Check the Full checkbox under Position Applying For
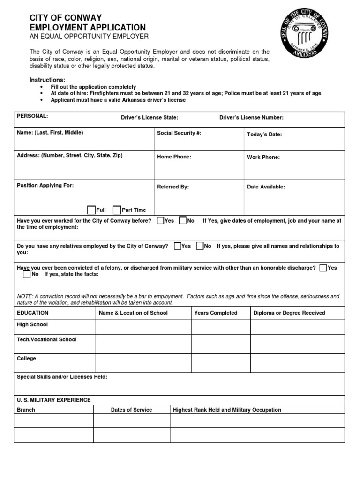91,210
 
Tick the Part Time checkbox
117,210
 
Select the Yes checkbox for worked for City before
160,220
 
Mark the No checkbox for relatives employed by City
200,246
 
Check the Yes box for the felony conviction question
323,268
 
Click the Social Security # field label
179,133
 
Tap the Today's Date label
264,135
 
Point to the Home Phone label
174,157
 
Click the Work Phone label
263,157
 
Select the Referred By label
173,187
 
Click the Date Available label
266,187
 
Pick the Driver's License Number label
251,118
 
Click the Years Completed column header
216,313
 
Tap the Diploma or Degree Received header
289,313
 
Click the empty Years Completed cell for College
220,363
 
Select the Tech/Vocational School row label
46,339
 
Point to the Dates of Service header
131,410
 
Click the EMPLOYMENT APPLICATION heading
88,28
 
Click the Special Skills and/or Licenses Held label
62,376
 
